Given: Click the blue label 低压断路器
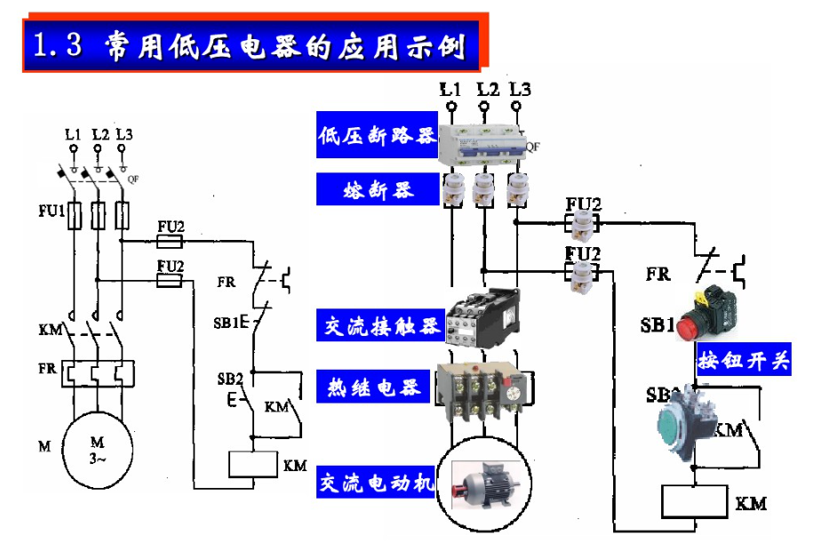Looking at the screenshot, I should click(377, 136).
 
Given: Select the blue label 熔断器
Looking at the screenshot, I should click(377, 189).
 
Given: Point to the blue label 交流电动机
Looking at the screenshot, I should click(377, 484).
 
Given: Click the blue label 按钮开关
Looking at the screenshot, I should click(744, 360).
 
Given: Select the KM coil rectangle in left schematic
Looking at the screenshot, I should click(254, 464).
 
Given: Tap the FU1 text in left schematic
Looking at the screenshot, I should click(51, 212).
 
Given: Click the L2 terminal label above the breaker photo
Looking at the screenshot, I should click(487, 90).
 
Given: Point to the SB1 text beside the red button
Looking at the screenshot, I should click(658, 324).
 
